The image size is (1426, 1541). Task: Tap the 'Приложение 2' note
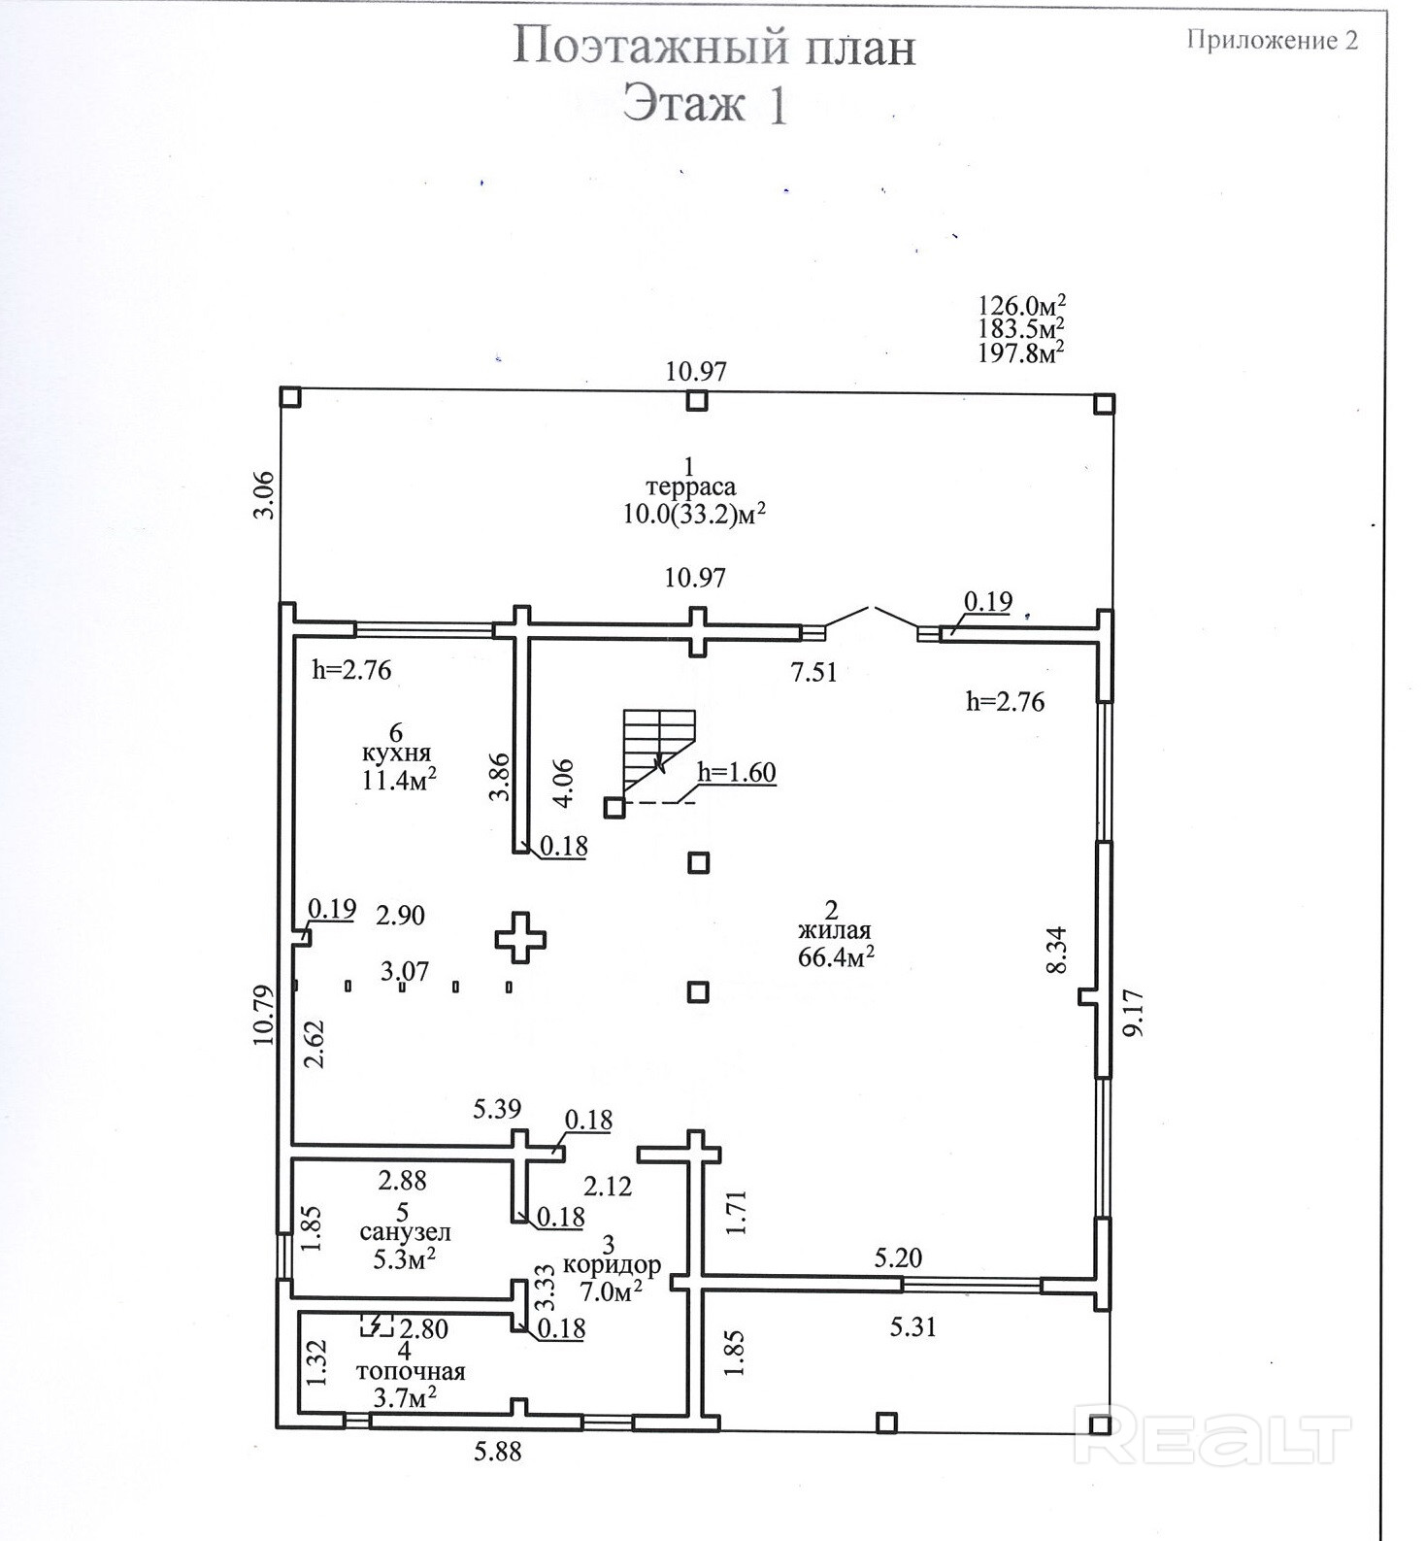pos(1271,40)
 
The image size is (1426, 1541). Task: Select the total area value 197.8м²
pos(1020,352)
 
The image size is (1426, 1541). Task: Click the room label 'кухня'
pos(396,753)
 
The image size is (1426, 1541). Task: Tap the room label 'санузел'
pos(405,1233)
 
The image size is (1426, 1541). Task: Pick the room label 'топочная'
pos(411,1372)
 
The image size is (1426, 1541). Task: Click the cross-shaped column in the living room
pos(520,938)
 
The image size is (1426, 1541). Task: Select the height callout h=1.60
pos(737,773)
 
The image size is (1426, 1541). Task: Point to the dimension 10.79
pos(264,1015)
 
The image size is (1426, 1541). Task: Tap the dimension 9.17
pos(1133,1013)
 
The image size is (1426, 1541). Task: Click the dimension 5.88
pos(498,1453)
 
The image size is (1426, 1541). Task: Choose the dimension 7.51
pos(813,672)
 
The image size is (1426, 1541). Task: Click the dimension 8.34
pos(1056,950)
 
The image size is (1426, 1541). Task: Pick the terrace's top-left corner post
pos(289,396)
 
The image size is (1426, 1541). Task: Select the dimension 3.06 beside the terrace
pos(264,495)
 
